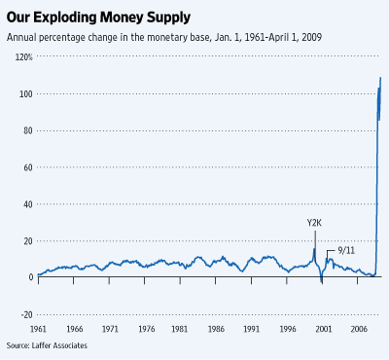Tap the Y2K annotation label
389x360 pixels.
pyautogui.click(x=314, y=223)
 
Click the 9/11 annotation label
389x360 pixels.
pyautogui.click(x=344, y=251)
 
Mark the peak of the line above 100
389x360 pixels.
pyautogui.click(x=380, y=78)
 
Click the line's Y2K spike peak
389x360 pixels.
pyautogui.click(x=314, y=249)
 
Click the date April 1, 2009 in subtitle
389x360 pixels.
pyautogui.click(x=288, y=37)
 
